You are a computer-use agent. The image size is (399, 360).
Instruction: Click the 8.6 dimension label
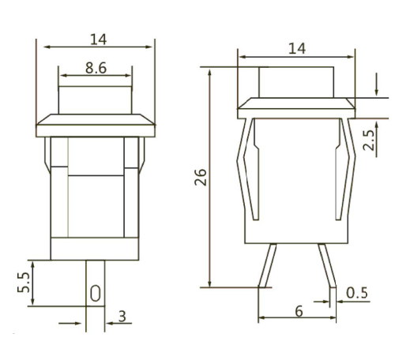(x=96, y=68)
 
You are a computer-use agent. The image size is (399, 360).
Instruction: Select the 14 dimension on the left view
(x=98, y=39)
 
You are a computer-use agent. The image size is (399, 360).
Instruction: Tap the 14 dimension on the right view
(x=297, y=49)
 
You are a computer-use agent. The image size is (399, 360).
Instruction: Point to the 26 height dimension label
(x=201, y=178)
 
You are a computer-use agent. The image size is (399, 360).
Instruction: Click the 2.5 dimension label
(x=368, y=140)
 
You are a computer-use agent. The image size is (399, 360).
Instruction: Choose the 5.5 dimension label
(x=24, y=283)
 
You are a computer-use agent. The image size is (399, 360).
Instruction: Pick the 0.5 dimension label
(x=356, y=293)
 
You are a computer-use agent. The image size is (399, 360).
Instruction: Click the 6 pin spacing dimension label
(x=299, y=312)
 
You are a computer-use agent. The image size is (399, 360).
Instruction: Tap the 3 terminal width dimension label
(x=122, y=317)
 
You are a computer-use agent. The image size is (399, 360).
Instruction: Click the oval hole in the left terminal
(x=96, y=293)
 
